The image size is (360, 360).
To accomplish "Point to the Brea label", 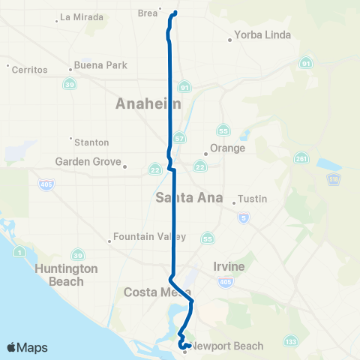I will point(148,13).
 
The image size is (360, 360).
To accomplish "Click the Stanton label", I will point(91,142).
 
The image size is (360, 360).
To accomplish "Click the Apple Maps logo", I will point(26,347).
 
